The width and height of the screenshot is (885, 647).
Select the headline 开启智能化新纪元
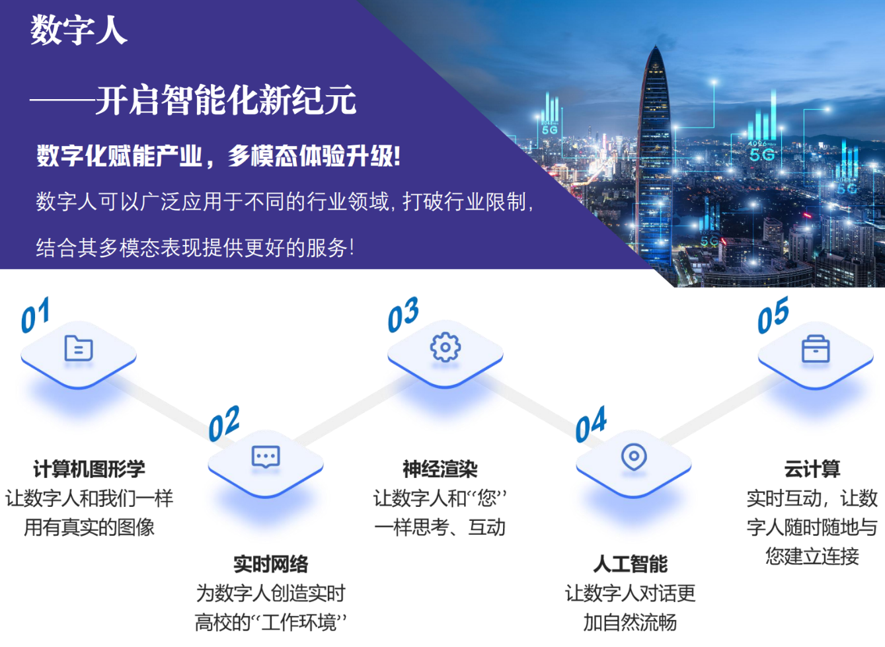226,100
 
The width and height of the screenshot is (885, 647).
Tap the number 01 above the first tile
36,315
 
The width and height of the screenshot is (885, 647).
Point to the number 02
224,424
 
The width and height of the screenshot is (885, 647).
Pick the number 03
403,315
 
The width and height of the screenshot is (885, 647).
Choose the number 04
591,424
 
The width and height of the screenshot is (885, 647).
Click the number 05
773,315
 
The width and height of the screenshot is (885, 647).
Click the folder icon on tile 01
79,348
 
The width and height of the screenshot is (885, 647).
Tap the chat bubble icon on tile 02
266,457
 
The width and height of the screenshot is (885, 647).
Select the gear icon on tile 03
445,347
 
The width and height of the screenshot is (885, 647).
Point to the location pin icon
634,457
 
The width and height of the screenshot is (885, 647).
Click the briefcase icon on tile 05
816,349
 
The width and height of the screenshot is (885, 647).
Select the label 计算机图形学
89,469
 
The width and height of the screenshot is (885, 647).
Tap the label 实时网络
270,564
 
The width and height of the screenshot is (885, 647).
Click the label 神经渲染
440,469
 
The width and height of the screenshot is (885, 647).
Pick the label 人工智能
630,564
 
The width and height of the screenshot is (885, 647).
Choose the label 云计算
812,469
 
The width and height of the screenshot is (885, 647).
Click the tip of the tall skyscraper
656,46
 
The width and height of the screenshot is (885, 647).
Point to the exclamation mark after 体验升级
397,156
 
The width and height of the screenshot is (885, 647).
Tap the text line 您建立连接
812,556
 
